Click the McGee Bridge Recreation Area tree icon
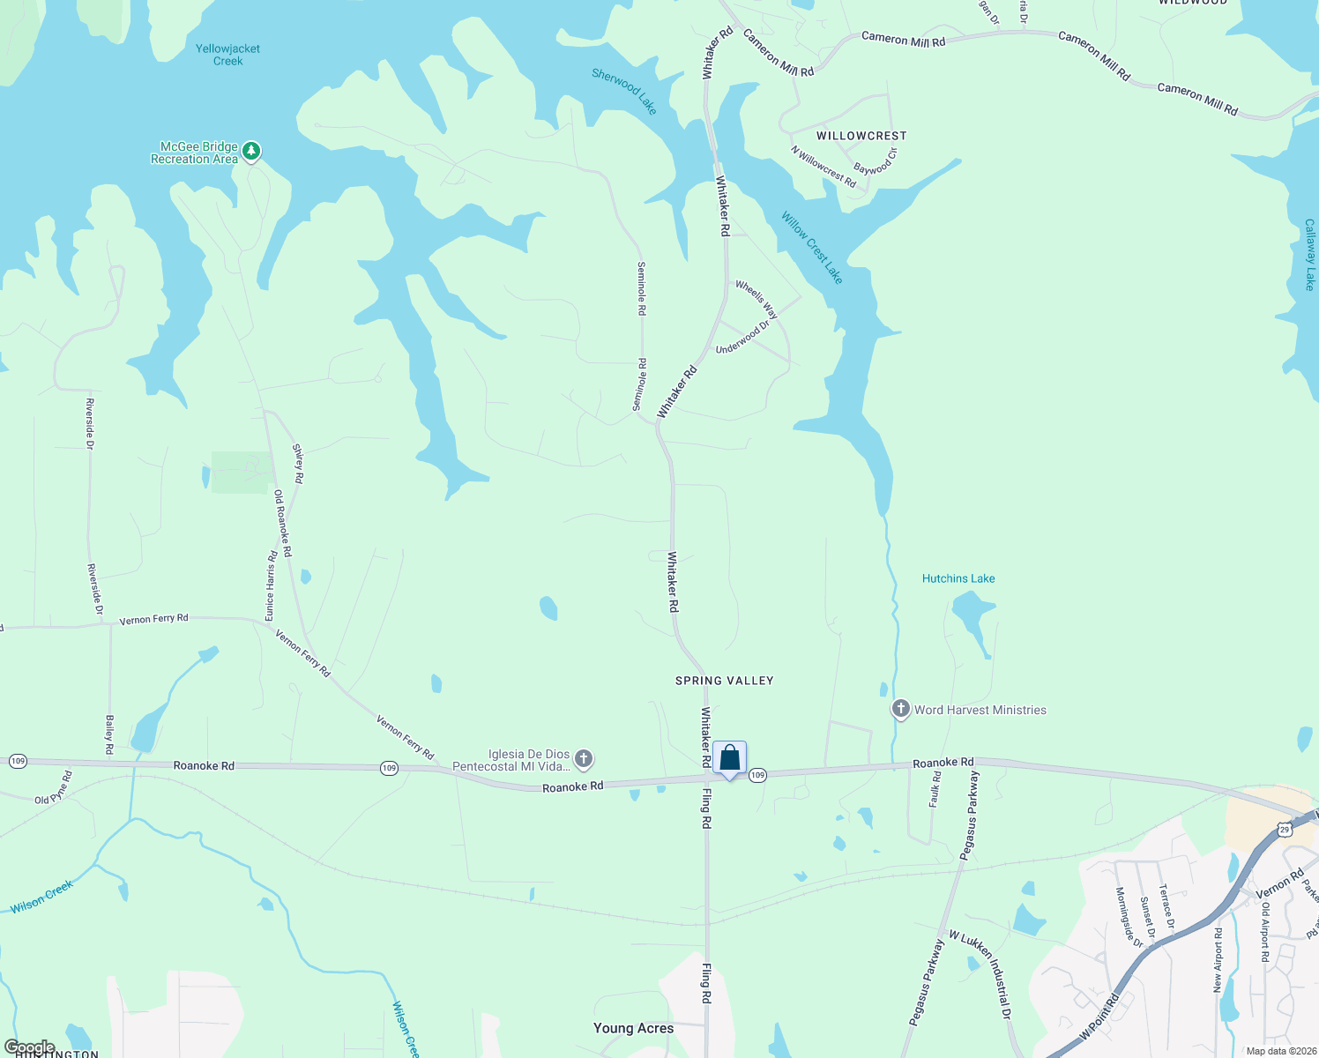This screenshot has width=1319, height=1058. (x=251, y=152)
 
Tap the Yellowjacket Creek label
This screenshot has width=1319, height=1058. (x=227, y=55)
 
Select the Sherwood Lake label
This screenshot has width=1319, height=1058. (x=624, y=91)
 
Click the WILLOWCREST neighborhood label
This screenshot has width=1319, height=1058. (x=861, y=136)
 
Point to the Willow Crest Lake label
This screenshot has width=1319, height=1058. (x=812, y=248)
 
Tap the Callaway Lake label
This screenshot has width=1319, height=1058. (x=1309, y=255)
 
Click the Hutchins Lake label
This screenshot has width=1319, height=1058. (x=958, y=578)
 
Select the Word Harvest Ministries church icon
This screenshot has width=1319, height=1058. (x=900, y=709)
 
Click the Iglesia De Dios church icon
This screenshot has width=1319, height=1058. (x=584, y=758)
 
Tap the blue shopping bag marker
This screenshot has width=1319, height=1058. (x=730, y=758)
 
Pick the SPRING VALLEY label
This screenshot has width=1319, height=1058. (x=724, y=681)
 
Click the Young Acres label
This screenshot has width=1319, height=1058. (x=633, y=1028)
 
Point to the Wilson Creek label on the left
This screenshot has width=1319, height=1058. (x=41, y=897)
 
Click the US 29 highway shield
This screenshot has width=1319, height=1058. (x=1284, y=829)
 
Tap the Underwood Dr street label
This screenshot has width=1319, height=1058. (x=742, y=338)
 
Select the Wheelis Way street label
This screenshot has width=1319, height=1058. (x=756, y=300)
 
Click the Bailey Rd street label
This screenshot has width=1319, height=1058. (x=109, y=734)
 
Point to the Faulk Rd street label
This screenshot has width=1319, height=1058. (x=935, y=789)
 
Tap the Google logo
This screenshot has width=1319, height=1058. (x=29, y=1047)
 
